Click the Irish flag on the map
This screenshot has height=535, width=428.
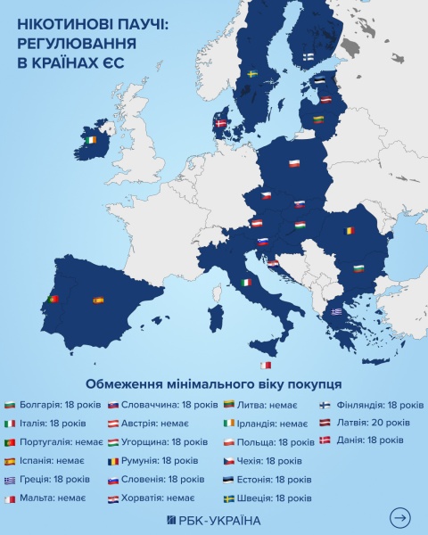click(x=90, y=140)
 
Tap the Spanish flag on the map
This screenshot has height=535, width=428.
click(x=98, y=300)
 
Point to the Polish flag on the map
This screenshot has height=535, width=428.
click(x=294, y=163)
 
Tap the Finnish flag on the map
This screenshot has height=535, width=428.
click(x=308, y=55)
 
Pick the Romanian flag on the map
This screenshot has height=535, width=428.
click(x=352, y=230)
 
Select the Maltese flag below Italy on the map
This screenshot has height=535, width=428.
click(x=264, y=366)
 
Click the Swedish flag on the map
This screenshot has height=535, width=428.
click(x=252, y=73)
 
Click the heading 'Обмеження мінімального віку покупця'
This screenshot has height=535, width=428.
click(x=213, y=383)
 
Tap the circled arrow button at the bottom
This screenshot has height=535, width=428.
click(x=400, y=517)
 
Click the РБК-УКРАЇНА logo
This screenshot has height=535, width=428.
click(x=213, y=520)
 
